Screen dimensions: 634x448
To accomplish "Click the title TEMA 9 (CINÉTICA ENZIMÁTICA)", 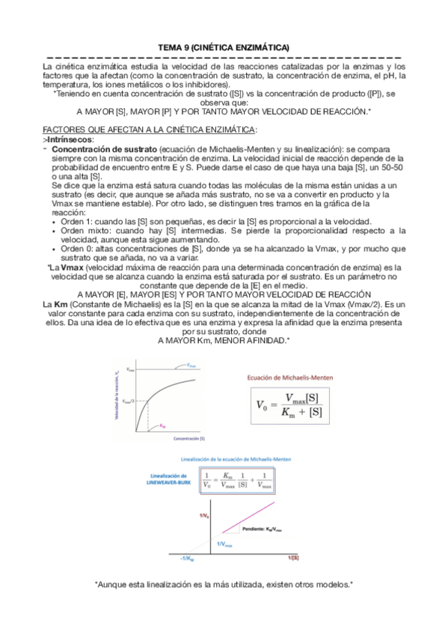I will tap(224, 48).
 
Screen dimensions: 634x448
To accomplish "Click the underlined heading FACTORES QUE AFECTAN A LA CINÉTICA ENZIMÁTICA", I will tap(150, 129).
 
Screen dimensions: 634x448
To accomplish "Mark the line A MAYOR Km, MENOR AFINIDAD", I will tap(224, 340).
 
